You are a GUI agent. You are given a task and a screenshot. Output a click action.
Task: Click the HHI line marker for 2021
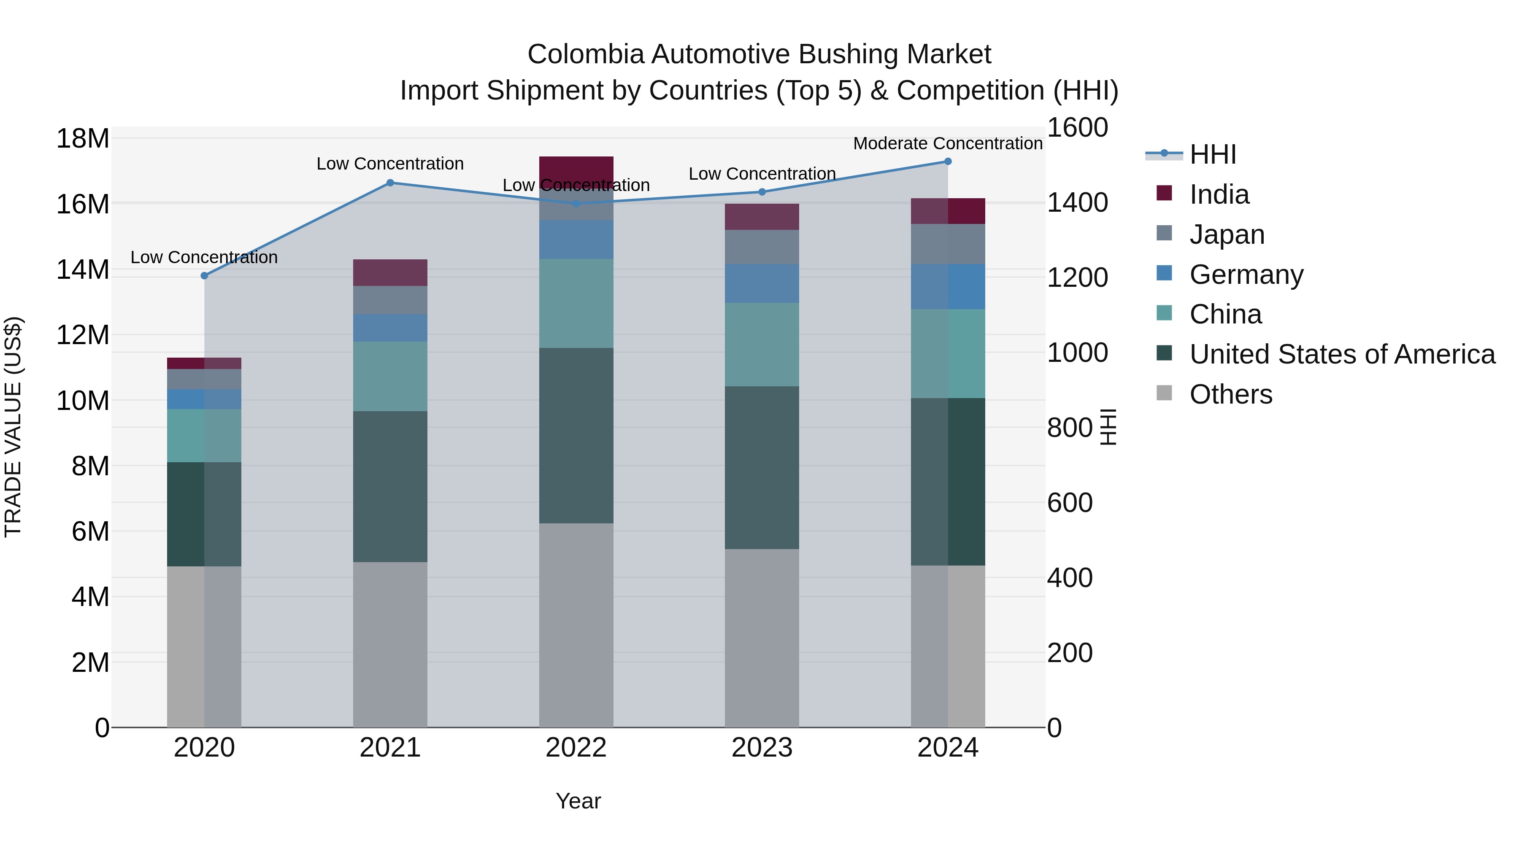tap(390, 183)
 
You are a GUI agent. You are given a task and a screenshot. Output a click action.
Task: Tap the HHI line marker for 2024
tap(948, 162)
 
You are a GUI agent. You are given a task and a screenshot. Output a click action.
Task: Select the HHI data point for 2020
tap(204, 276)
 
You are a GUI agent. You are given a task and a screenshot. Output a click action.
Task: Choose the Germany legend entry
tap(1246, 275)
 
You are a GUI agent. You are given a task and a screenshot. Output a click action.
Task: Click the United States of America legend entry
tap(1341, 354)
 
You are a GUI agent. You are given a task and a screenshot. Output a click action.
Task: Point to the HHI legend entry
tap(1212, 154)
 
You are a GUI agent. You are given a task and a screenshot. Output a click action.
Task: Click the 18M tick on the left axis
tap(83, 139)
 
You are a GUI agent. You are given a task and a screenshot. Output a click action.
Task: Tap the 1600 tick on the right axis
tap(1077, 128)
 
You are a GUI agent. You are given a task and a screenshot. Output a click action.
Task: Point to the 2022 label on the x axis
tap(576, 748)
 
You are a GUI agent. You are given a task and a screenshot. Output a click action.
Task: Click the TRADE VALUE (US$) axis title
tap(14, 427)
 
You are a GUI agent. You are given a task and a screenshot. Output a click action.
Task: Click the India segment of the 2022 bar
tap(576, 167)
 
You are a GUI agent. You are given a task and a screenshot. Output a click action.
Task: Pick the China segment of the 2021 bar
tap(390, 377)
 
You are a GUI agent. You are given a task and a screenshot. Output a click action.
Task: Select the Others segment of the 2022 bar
tap(576, 625)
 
